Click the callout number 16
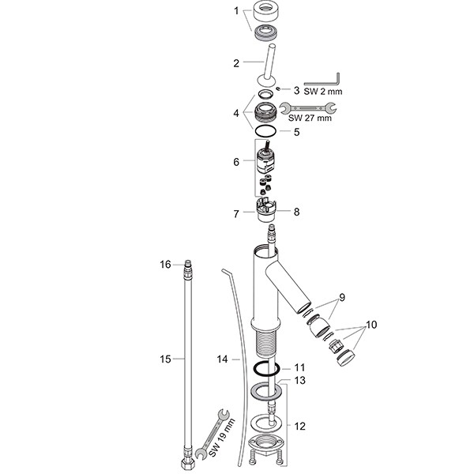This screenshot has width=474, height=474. (165, 265)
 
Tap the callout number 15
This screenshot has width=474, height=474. (165, 359)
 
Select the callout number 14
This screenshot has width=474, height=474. (222, 359)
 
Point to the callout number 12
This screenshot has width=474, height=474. (300, 427)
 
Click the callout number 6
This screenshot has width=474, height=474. (236, 162)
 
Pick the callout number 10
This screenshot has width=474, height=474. (371, 325)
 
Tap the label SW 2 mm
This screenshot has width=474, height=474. (323, 92)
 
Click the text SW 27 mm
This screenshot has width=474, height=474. (310, 118)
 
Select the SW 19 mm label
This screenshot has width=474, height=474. (222, 438)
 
